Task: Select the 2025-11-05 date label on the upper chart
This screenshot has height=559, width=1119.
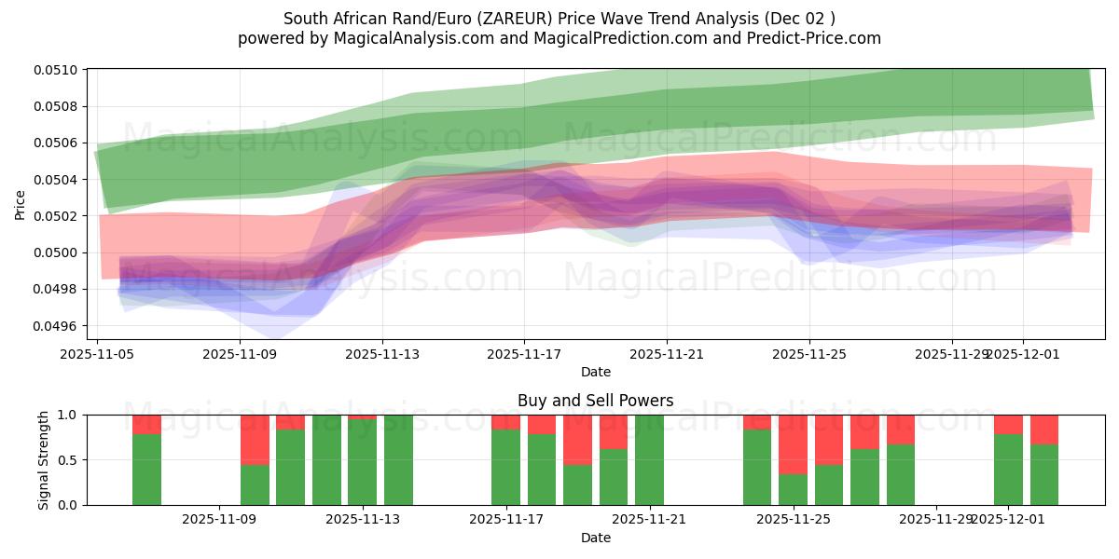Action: (98, 354)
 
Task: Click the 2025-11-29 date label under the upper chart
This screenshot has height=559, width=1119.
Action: (951, 354)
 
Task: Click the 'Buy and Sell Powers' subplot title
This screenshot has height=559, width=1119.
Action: (595, 402)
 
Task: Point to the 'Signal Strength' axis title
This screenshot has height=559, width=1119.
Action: (44, 459)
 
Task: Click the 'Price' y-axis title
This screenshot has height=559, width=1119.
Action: (21, 205)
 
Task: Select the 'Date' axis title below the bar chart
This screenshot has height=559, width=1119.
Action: (595, 538)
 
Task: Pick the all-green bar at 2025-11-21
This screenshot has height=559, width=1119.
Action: (649, 459)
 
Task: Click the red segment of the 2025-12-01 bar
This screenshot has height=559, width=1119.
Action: (1008, 424)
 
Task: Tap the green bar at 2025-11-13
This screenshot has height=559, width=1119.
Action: (362, 461)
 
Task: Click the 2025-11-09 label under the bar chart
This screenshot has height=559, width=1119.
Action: (219, 519)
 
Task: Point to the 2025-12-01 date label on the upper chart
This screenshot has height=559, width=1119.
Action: (1023, 354)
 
